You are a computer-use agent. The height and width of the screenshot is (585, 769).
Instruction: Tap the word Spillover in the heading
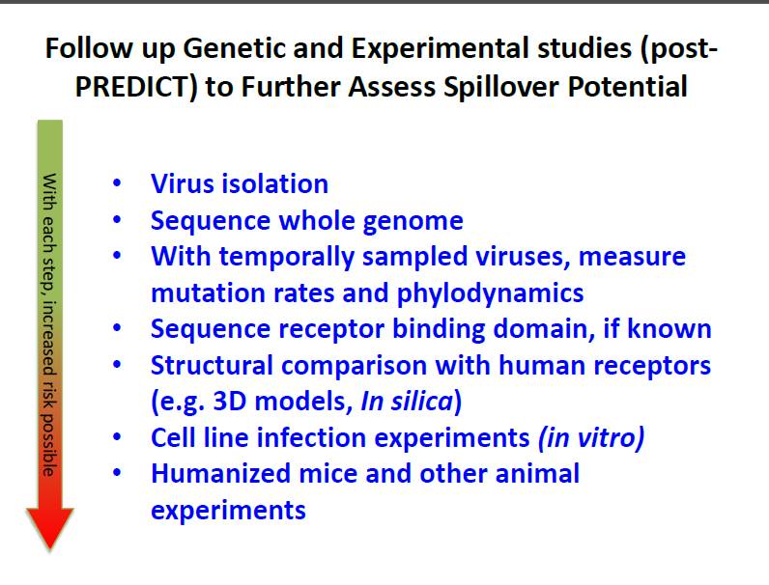tap(501, 87)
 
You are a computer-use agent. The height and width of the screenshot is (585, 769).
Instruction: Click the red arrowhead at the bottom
tap(49, 528)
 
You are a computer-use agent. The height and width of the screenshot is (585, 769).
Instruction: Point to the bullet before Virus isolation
tap(117, 183)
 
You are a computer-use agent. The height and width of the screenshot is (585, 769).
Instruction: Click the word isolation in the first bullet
tap(274, 183)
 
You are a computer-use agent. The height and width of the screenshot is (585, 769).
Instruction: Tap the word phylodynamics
tap(490, 293)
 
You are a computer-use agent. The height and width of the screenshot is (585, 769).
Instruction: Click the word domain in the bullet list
tap(540, 328)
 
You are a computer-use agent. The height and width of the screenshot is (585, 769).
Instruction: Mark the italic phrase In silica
tap(407, 401)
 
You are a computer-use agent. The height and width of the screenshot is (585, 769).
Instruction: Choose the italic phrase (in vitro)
tap(591, 437)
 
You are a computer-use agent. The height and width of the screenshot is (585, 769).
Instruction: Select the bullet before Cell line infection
tap(117, 436)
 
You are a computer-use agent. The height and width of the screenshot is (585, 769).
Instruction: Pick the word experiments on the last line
tap(229, 511)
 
